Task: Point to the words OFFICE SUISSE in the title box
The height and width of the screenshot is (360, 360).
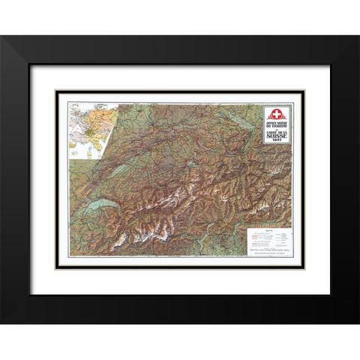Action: pos(277,124)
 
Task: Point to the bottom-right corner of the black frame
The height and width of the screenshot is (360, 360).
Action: pos(358,322)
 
